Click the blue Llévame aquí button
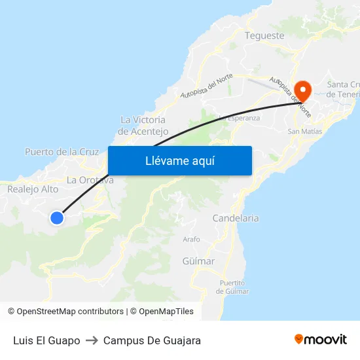point(179,160)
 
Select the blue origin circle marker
point(57,218)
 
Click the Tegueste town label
point(264,35)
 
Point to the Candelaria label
point(236,218)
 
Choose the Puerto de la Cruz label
point(62,152)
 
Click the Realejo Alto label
point(33,189)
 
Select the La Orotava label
point(90,180)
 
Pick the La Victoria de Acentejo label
point(143,125)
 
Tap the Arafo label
point(191,240)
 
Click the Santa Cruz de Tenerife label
point(342,89)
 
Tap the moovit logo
point(320,340)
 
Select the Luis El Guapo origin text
point(46,340)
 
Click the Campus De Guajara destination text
point(152,340)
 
